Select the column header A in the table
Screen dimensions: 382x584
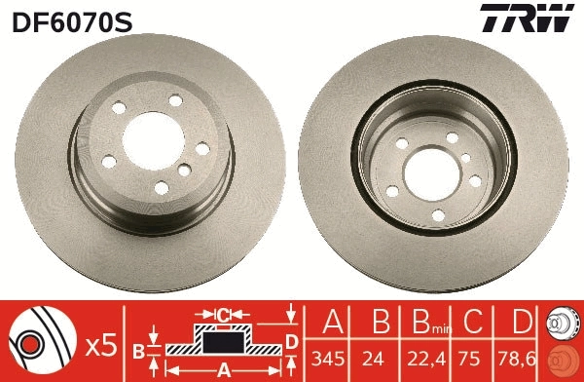pos(331,323)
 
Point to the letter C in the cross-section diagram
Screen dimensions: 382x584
pos(222,315)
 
